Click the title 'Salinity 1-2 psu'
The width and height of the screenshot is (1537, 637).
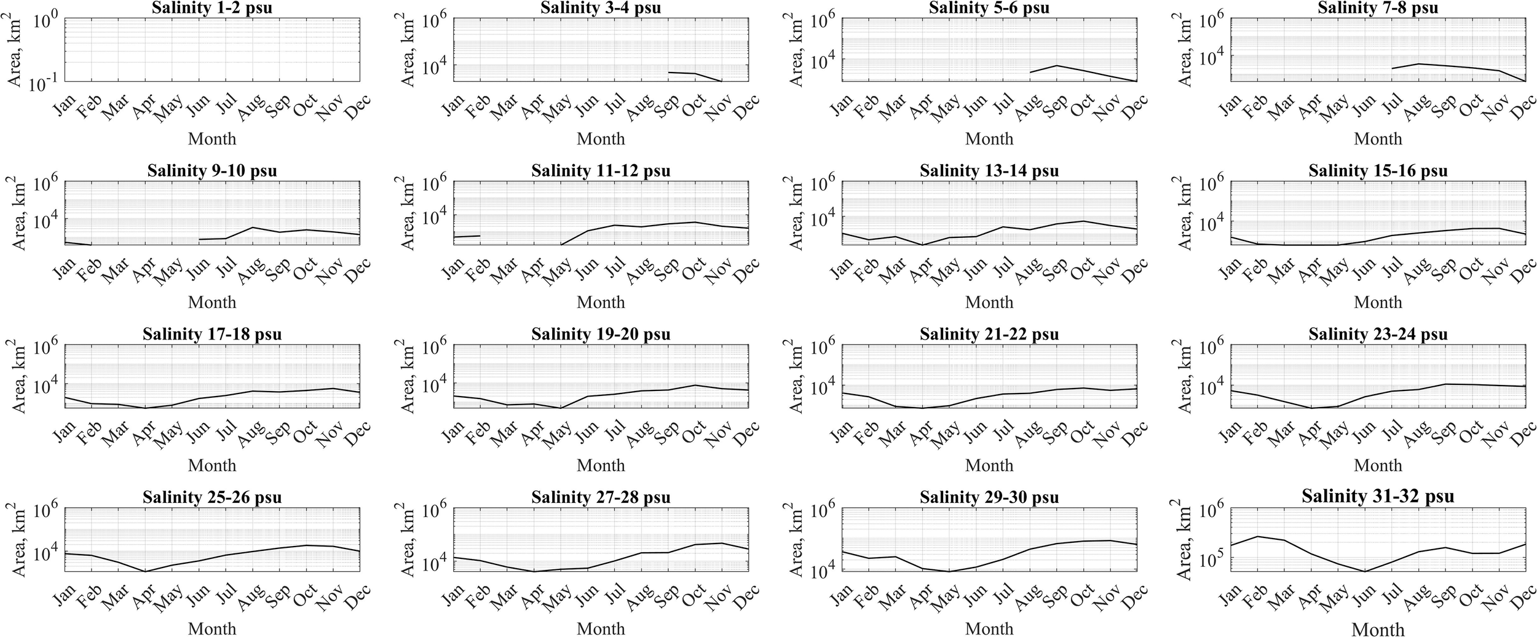[212, 8]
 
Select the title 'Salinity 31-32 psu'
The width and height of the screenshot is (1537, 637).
[1378, 497]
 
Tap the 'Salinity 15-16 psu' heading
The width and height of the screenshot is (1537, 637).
[1378, 171]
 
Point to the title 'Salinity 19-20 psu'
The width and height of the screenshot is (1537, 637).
[601, 334]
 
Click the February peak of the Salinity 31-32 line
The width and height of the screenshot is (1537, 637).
[1257, 536]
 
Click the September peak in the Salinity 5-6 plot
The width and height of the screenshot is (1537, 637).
[1056, 65]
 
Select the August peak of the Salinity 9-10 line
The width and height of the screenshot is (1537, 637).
[252, 228]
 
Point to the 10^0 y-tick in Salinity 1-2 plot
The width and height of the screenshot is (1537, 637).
[45, 22]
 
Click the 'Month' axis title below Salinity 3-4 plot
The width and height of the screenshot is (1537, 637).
[601, 139]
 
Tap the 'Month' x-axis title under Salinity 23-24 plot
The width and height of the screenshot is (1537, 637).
[1378, 465]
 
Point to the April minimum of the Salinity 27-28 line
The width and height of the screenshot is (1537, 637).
[534, 571]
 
